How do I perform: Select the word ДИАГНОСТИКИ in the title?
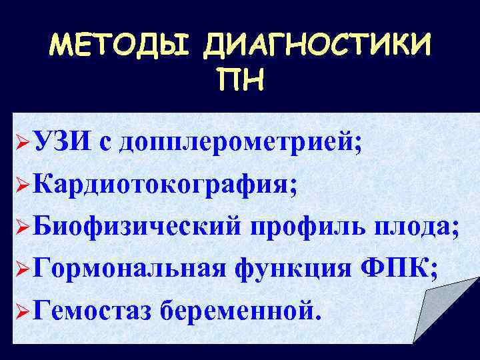pyautogui.click(x=318, y=47)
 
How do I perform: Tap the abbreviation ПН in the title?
pyautogui.click(x=240, y=83)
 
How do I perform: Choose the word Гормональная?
pyautogui.click(x=127, y=271)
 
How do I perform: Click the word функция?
pyautogui.click(x=289, y=271)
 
